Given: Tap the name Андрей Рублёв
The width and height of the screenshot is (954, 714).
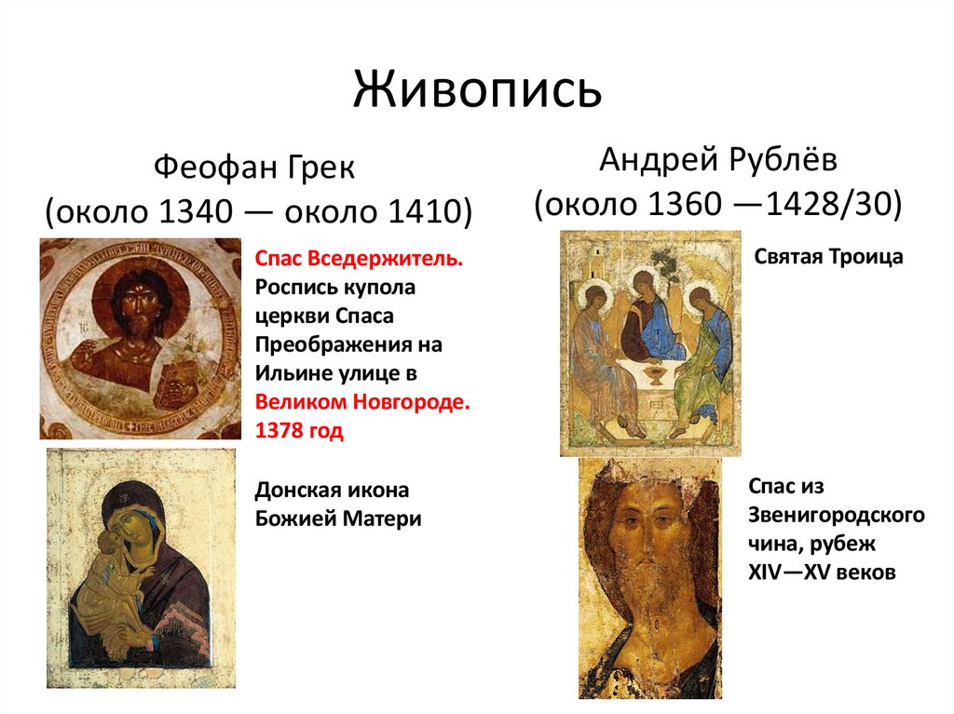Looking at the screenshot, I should [x=717, y=160].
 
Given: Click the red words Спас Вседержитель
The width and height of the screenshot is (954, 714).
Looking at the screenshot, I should [x=358, y=257].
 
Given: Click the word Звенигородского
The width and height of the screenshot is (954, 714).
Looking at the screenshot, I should [x=836, y=515].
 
